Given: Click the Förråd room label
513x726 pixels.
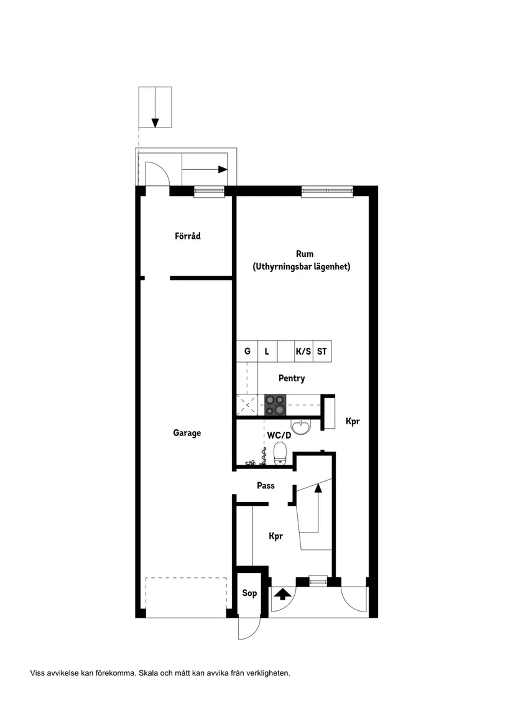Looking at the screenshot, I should [187, 236].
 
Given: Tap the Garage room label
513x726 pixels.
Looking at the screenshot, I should [187, 433].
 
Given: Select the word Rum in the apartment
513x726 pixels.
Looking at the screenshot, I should [304, 254].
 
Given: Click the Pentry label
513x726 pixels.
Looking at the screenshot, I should [291, 378].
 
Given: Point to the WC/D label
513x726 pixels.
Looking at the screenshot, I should [279, 435].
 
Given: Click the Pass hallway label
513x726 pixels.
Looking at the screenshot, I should [266, 486].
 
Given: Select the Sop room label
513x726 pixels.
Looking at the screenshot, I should [249, 593].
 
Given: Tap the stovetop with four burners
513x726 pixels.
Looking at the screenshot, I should [276, 405].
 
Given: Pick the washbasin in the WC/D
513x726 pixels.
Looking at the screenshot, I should [302, 427].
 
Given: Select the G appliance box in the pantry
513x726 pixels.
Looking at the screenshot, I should [247, 351].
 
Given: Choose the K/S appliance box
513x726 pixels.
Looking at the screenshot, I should [303, 351].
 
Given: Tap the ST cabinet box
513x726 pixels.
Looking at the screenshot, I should [321, 351].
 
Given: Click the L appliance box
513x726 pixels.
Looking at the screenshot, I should [267, 351].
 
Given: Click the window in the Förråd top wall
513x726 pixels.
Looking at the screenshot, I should [209, 192].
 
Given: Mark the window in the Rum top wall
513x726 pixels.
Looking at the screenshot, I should [327, 192].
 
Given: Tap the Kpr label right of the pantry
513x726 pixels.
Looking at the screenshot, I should [353, 421].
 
